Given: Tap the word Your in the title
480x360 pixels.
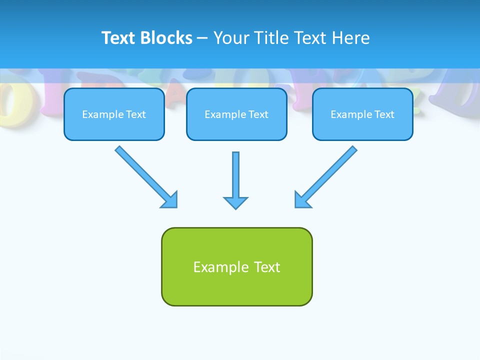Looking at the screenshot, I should tap(232, 38).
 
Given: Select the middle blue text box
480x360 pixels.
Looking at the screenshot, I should tap(236, 126).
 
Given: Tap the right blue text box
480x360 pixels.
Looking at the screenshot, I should tap(362, 126).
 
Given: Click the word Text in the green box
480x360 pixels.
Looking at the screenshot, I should tap(267, 267).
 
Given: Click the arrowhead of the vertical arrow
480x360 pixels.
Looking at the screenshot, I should tap(235, 202).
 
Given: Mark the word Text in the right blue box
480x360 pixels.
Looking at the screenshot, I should tap(384, 114).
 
